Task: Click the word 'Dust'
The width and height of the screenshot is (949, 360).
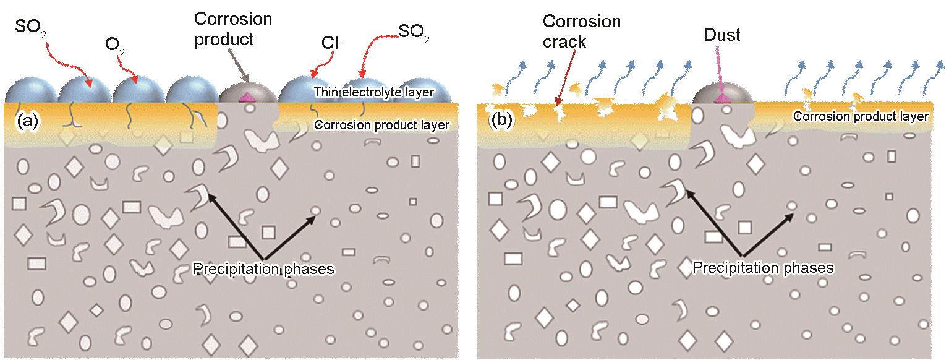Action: [721, 35]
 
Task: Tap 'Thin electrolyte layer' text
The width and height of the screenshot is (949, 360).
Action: [373, 93]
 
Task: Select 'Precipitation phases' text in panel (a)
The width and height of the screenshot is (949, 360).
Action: [263, 269]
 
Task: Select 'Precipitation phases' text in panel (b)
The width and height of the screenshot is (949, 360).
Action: [763, 268]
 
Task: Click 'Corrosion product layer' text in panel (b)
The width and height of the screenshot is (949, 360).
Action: [861, 116]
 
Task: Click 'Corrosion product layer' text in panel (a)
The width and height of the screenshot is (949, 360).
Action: [382, 125]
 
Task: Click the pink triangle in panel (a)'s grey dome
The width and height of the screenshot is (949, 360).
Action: [248, 96]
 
